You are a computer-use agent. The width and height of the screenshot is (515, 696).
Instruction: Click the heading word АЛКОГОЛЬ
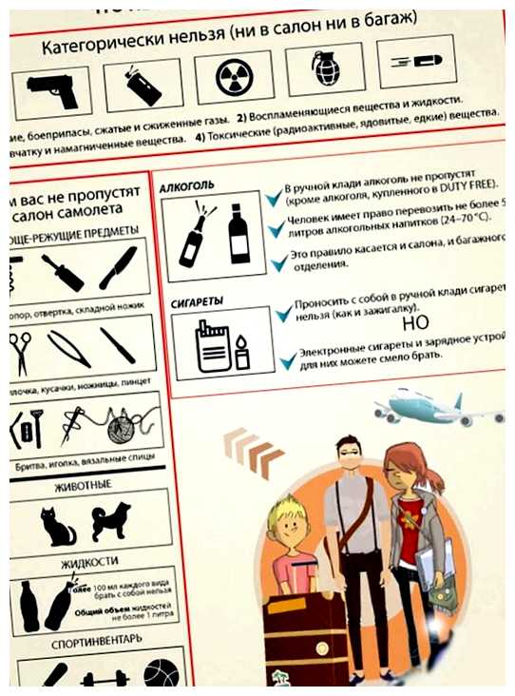(x=187, y=185)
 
